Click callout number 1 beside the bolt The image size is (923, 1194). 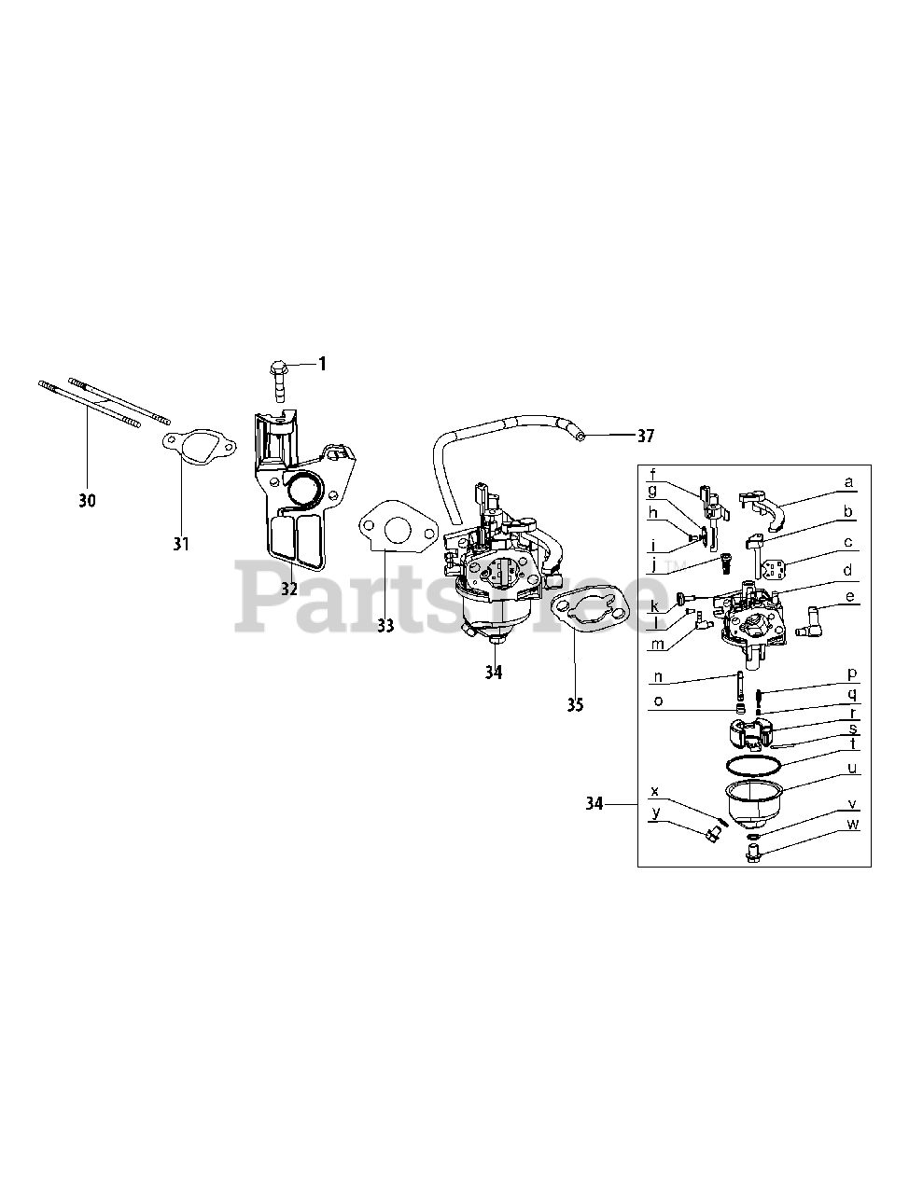[323, 364]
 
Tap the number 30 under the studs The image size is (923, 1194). [87, 501]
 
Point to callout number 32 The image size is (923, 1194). [288, 589]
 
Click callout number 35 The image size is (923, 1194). [575, 704]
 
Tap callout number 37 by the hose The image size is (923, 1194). [645, 436]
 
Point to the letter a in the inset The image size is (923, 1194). [847, 482]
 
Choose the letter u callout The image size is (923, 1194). [851, 769]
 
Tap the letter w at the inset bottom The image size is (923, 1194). [851, 825]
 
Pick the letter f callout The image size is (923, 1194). [653, 472]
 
